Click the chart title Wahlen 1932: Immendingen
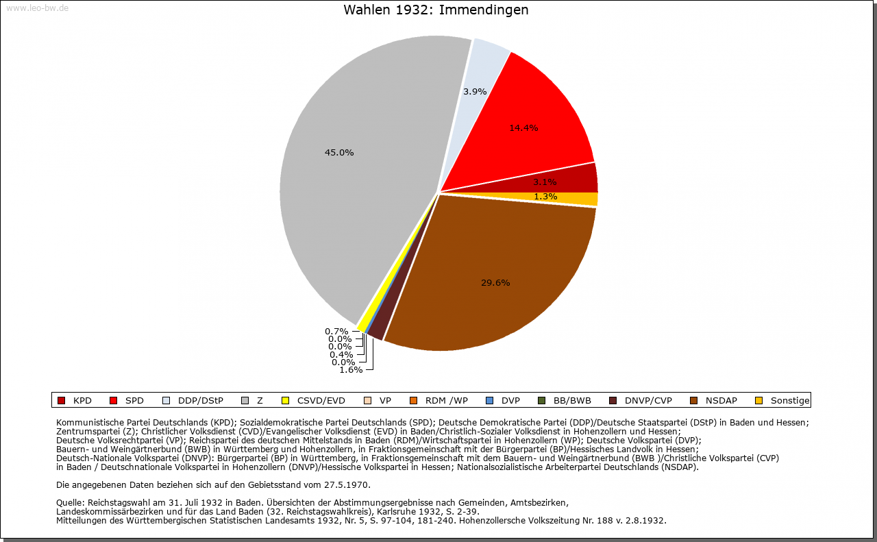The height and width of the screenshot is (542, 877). point(436,10)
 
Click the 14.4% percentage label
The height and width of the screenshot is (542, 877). point(523,127)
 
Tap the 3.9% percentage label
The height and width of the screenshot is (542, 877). point(475,91)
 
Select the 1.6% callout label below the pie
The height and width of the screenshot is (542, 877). point(351,370)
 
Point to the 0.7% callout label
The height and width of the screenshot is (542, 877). point(336,332)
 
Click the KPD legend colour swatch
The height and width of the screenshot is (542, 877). point(61,401)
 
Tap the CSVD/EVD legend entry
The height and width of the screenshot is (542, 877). point(321,401)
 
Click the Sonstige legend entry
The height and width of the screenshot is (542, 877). point(789,401)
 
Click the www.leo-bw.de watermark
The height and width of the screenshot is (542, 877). point(37,8)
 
